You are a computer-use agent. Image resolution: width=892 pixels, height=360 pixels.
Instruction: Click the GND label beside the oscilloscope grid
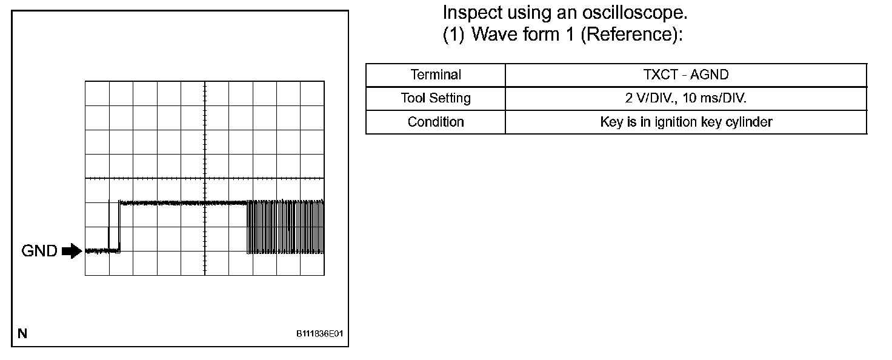point(39,251)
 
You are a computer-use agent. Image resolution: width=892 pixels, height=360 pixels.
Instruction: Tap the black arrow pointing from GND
point(72,251)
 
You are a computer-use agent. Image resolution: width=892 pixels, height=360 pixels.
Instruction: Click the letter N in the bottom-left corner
point(22,333)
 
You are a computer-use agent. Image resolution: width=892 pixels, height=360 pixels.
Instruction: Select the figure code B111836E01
point(319,334)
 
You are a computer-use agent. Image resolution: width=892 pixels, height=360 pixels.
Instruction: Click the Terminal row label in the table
point(436,75)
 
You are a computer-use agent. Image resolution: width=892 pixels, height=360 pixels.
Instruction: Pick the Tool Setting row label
point(436,98)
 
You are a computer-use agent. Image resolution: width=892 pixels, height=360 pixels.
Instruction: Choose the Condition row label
point(436,121)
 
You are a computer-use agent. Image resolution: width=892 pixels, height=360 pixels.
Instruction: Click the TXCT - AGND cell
point(686,75)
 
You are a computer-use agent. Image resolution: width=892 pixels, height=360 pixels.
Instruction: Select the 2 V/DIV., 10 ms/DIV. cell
point(686,98)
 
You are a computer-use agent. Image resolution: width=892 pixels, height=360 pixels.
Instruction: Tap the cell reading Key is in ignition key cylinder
point(686,121)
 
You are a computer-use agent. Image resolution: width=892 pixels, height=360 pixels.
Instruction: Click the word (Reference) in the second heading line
point(631,35)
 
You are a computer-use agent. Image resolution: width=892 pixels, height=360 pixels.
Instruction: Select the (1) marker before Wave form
point(453,35)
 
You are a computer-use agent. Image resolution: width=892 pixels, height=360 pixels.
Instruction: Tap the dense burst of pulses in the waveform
point(285,227)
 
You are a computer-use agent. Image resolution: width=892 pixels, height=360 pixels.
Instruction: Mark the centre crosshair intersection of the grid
point(205,178)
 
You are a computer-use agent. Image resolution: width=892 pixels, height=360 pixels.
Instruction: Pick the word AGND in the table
point(709,75)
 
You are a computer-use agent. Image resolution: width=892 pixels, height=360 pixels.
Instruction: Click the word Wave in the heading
point(495,35)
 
